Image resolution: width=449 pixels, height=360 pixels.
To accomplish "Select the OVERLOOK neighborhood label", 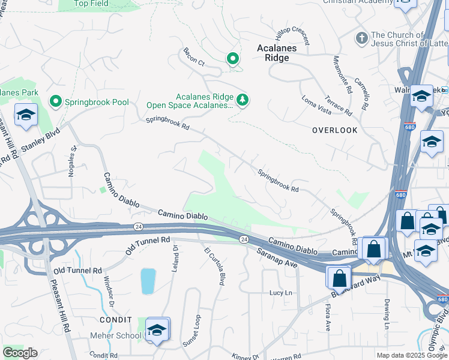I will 334,130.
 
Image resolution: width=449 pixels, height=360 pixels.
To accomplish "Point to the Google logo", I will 20,353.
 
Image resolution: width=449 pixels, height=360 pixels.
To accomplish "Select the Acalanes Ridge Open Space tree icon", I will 243,100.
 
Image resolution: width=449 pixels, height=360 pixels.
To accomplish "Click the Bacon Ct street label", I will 194,57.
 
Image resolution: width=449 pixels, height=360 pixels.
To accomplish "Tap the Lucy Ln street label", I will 280,293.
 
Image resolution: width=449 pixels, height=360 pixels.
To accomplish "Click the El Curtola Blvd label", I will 214,266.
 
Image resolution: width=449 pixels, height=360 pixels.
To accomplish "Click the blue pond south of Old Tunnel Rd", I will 148,281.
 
